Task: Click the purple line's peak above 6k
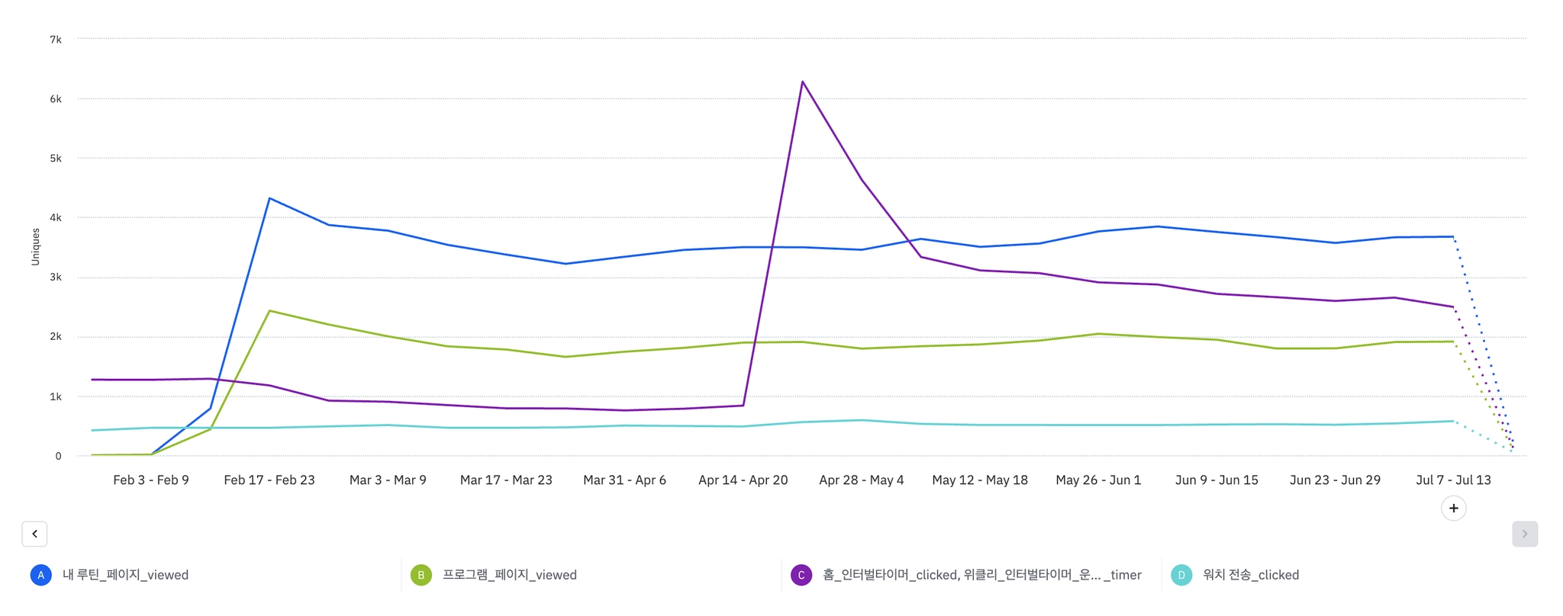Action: tap(802, 82)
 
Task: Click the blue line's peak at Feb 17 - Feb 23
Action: tap(269, 198)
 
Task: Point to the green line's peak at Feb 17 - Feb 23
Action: tap(269, 311)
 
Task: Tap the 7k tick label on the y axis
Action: tap(56, 39)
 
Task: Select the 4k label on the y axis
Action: tap(56, 217)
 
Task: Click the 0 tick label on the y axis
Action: tap(58, 456)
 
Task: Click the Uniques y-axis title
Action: tap(35, 246)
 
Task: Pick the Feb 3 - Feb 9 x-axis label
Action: tap(151, 480)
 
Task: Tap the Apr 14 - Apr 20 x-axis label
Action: tap(743, 480)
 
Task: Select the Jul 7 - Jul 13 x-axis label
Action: tap(1453, 480)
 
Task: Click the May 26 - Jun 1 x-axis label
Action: tap(1098, 480)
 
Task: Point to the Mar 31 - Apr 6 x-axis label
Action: tap(624, 480)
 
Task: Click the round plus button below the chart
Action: tap(1453, 509)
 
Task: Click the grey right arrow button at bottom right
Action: tap(1524, 534)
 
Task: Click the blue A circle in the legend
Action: tap(41, 575)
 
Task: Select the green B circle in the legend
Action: tap(421, 575)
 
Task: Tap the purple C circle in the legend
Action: tap(801, 575)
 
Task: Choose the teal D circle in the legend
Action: tap(1181, 575)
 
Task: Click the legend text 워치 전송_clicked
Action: tap(1250, 575)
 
